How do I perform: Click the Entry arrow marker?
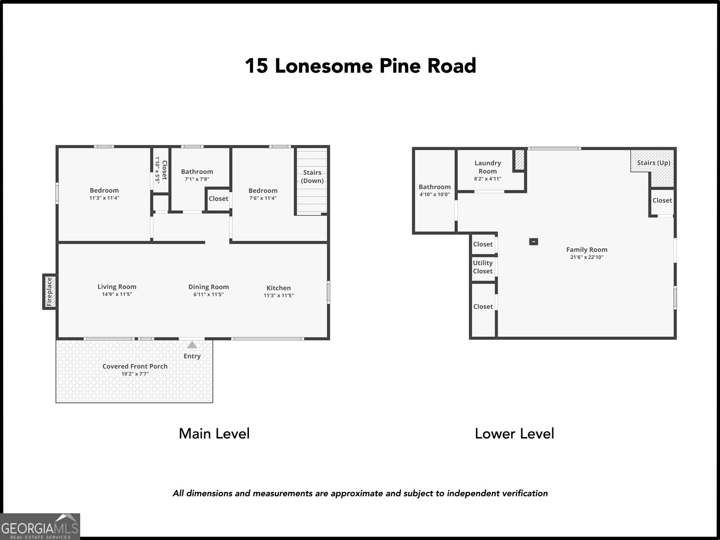point(192,345)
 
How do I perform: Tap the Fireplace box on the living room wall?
point(49,292)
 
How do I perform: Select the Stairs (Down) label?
point(312,176)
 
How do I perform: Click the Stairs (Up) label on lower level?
point(653,163)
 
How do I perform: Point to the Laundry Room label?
point(487,167)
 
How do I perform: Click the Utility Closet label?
point(483,267)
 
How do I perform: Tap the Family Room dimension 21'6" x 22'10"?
point(587,257)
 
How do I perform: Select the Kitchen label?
point(279,288)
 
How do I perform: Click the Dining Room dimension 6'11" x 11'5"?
point(208,295)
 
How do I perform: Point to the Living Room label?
point(117,287)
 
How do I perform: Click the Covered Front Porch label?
point(135,366)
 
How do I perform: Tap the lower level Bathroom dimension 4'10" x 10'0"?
point(434,194)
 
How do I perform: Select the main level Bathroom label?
point(197,171)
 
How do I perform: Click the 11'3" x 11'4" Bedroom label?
point(104,190)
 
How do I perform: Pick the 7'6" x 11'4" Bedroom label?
point(263,190)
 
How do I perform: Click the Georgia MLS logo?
point(40,526)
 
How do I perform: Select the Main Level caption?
point(214,433)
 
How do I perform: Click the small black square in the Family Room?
point(533,242)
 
